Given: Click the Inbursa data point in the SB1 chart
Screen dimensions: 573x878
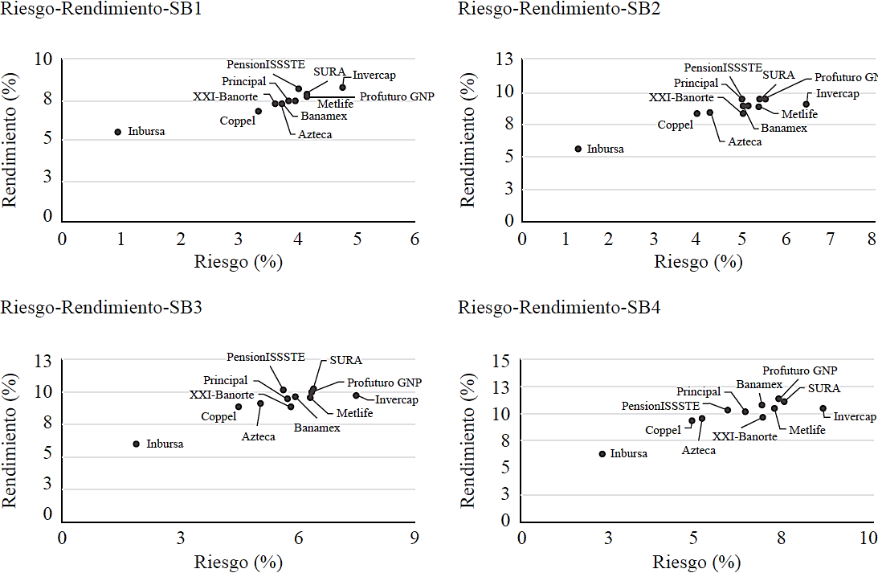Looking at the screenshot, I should [x=117, y=132].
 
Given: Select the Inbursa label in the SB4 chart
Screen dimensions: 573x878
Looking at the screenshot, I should [x=628, y=453].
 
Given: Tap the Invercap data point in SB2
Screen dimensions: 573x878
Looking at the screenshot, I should [x=806, y=104].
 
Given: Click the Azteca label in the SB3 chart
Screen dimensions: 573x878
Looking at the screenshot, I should [x=259, y=436].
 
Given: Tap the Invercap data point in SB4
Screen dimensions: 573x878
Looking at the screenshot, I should [x=823, y=408].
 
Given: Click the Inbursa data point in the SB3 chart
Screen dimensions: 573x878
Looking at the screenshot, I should [x=136, y=444].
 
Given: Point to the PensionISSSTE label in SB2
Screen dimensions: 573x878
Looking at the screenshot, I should [x=723, y=68].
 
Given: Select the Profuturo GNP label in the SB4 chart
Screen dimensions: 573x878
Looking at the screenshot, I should [x=799, y=370].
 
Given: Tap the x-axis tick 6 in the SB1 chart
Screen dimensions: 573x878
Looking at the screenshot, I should [x=414, y=239].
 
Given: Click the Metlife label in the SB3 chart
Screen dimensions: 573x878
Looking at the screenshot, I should [x=354, y=413].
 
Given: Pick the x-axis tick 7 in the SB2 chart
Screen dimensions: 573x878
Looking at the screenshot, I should [x=829, y=239].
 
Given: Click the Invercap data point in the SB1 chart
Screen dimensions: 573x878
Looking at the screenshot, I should [x=342, y=87].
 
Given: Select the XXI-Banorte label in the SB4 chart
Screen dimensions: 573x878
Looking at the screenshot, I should [x=745, y=436].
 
